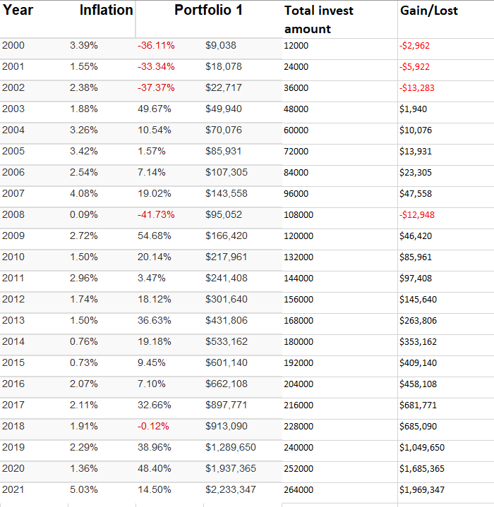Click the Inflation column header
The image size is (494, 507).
pos(106,10)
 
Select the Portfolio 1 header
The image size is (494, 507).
pos(208,10)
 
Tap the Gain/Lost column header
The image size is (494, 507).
pos(428,11)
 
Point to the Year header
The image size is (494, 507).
pos(18,10)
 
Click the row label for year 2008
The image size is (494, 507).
pos(13,214)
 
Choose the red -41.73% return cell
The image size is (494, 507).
pos(156,214)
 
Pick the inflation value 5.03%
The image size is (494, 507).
pos(84,489)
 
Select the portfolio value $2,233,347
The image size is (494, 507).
pos(231,489)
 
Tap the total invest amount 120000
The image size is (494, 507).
pos(299,236)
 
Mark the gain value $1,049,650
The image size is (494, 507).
pos(422,447)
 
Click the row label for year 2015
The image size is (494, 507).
pos(13,362)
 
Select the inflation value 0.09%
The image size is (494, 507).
pos(84,214)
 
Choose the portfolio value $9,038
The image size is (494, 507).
pos(221,46)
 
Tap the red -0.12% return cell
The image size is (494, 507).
pos(155,426)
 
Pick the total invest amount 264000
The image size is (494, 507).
pos(299,489)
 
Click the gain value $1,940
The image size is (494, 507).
pos(413,109)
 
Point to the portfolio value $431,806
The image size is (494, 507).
pos(227,320)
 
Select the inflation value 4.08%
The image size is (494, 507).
pos(84,193)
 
